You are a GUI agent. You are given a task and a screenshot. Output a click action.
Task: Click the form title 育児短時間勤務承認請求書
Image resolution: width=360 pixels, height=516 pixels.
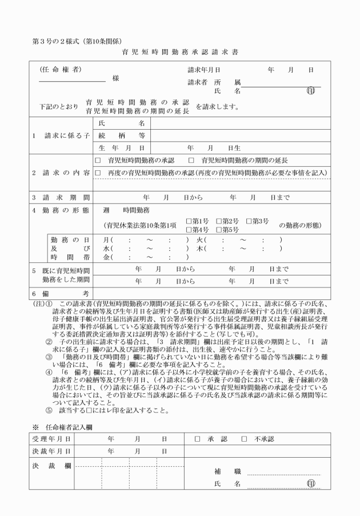pos(180,51)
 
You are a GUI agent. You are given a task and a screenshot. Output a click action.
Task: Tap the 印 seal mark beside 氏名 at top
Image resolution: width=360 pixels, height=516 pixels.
pos(311,90)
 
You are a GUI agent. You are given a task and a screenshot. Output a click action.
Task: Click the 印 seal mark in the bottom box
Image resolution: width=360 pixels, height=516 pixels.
pos(311,483)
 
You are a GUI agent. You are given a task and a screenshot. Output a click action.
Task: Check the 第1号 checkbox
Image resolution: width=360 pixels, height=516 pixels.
pos(189,221)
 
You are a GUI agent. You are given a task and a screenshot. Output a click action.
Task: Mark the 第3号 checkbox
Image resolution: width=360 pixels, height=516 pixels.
pos(249,221)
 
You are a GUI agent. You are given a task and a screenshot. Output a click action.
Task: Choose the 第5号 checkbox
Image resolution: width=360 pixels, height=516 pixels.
pos(219,230)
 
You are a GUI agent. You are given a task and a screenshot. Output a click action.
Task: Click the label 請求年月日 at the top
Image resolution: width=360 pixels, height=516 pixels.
pos(204,70)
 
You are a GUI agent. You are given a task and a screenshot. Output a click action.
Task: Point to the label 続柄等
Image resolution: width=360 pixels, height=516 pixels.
pos(121,136)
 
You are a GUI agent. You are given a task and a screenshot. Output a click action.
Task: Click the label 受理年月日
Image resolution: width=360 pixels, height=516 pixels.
pos(51,439)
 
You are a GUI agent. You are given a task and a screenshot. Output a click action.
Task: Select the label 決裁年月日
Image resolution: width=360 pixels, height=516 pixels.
pos(51,451)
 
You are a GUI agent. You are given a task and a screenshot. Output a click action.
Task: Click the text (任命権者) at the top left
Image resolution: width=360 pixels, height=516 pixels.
pos(61,70)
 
